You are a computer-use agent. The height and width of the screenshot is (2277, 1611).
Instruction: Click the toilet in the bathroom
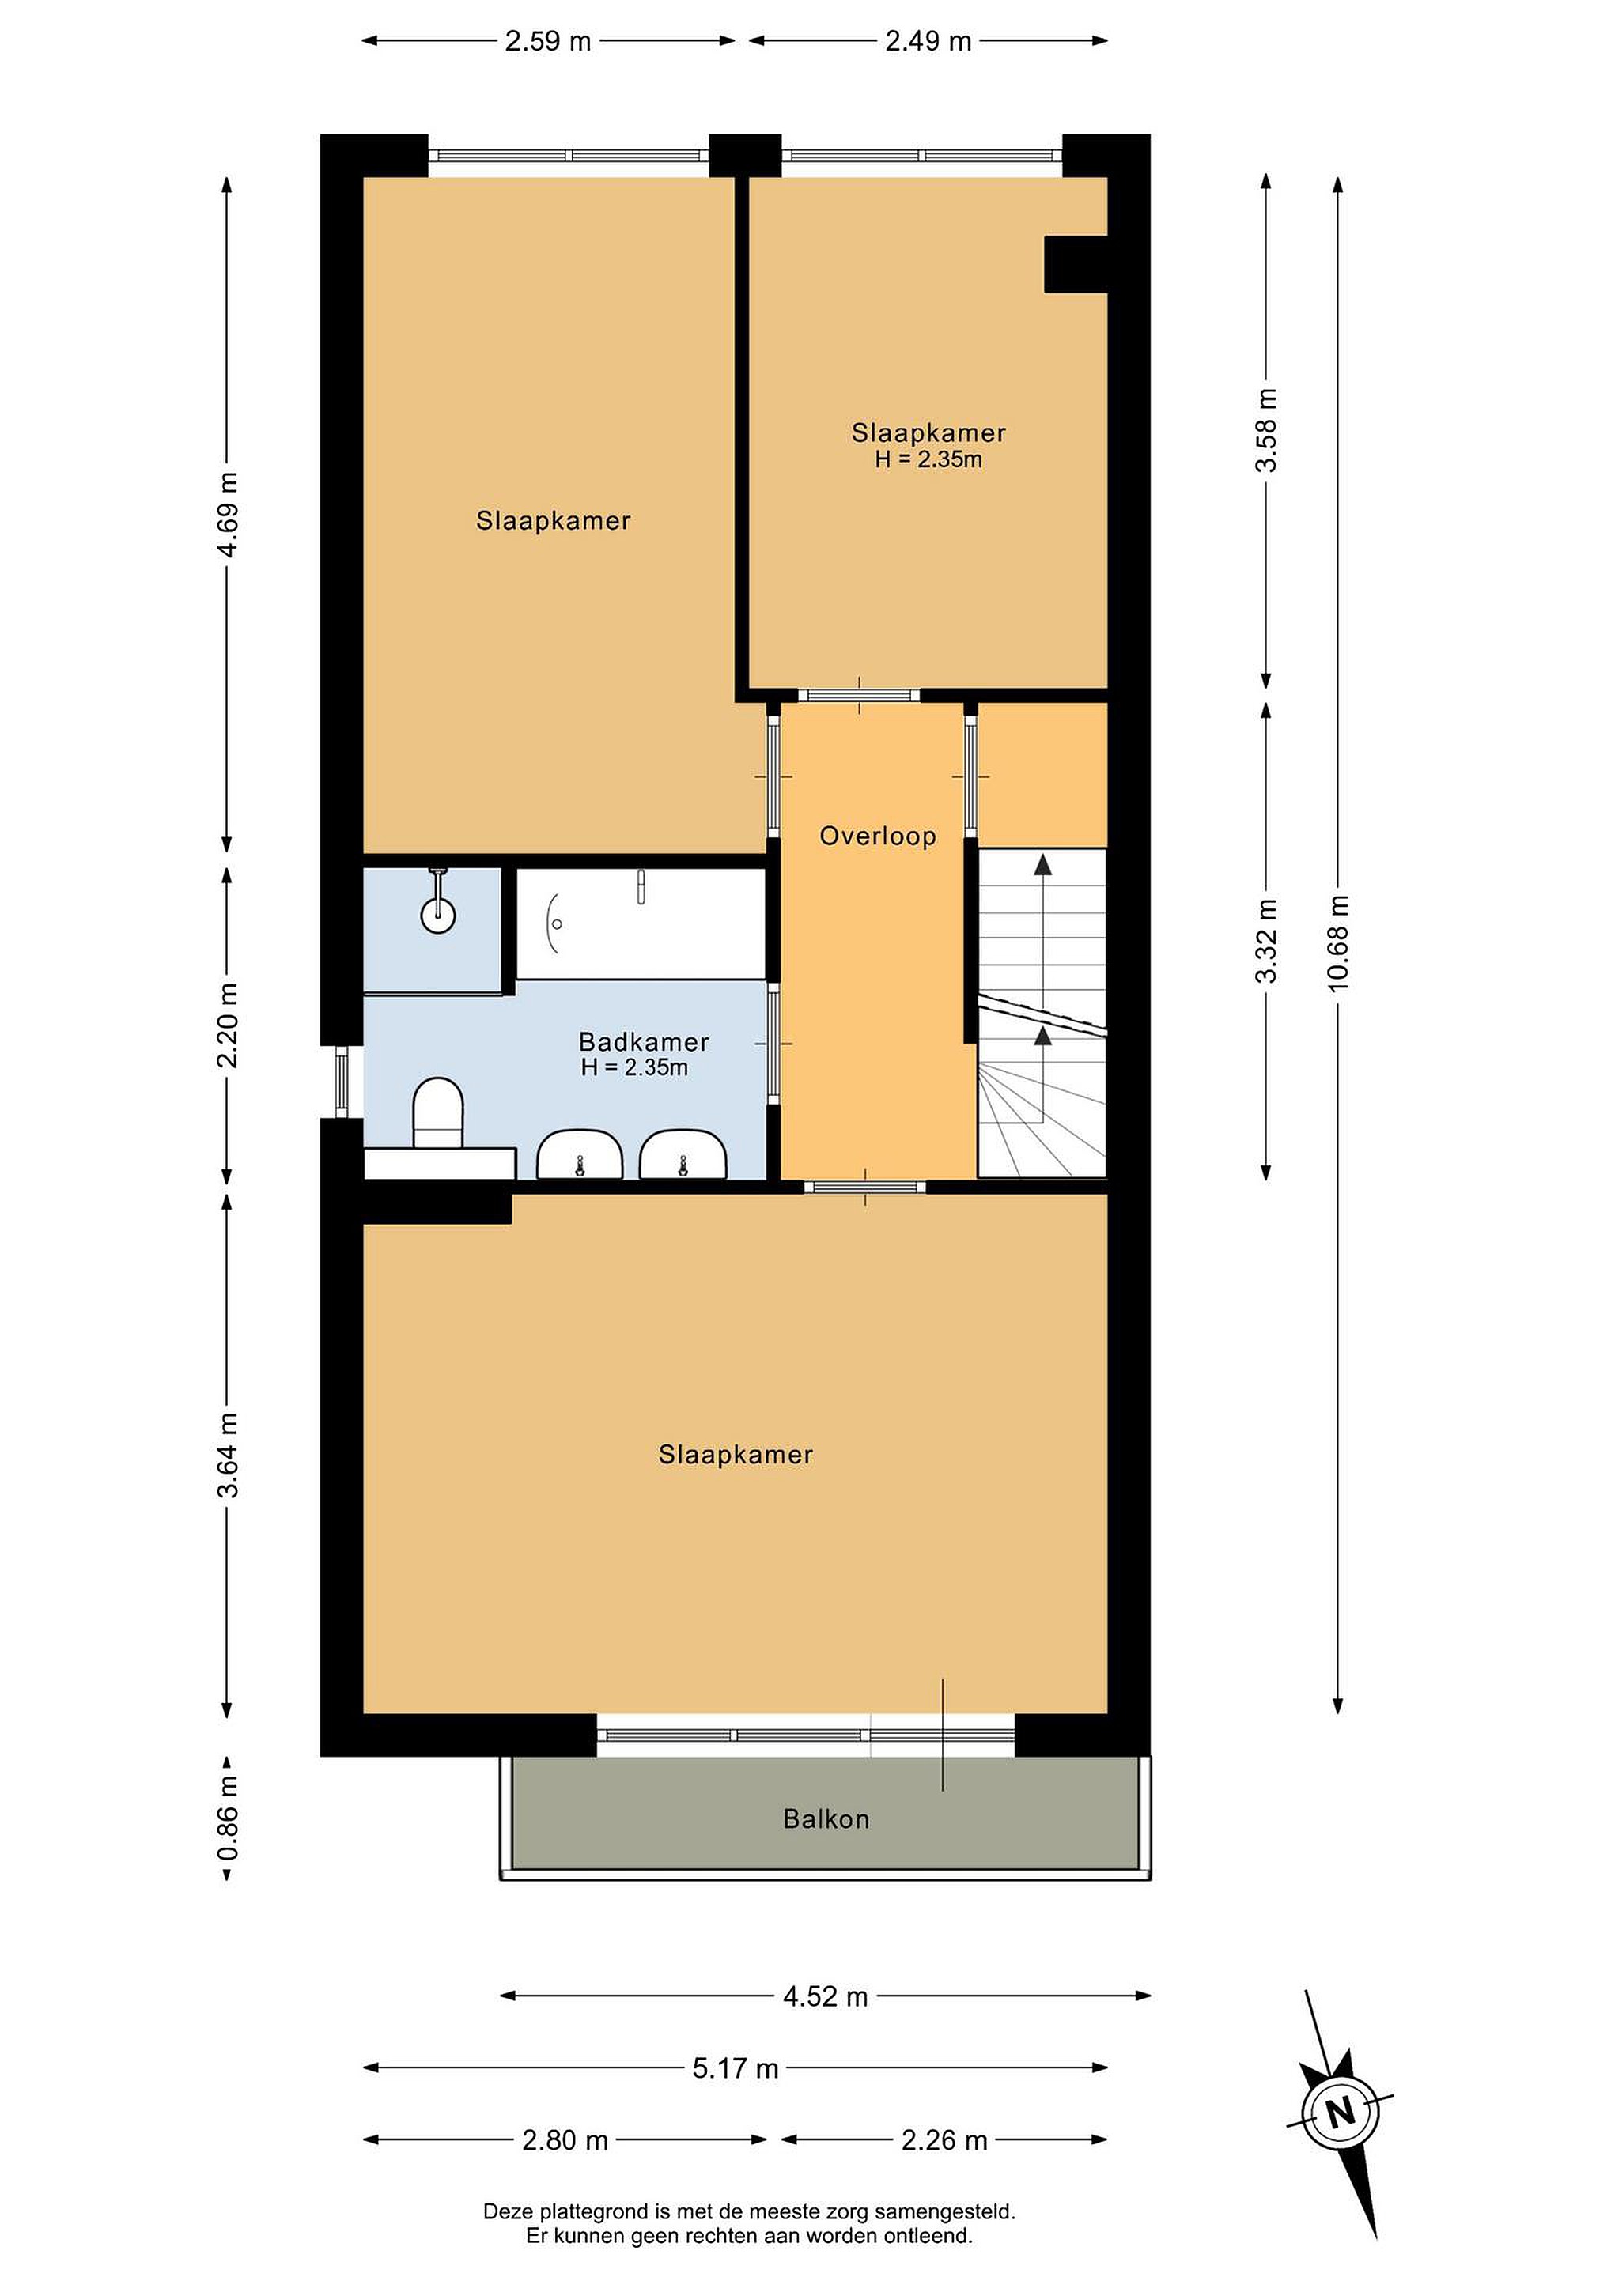click(x=438, y=1112)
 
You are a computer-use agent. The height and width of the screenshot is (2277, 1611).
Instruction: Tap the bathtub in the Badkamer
click(x=641, y=923)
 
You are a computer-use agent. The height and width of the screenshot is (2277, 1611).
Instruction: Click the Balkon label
click(x=826, y=1818)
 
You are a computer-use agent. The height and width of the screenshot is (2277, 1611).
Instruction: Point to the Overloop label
click(x=878, y=836)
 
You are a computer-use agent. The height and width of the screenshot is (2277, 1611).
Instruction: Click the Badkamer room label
click(x=644, y=1041)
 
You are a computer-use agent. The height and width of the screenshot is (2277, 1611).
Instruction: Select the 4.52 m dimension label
click(x=826, y=1996)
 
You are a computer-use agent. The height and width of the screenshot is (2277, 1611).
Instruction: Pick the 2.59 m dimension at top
click(x=547, y=40)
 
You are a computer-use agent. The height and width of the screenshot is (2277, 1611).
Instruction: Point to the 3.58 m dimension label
click(x=1267, y=430)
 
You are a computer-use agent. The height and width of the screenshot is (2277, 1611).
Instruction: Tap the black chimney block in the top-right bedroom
click(x=1076, y=264)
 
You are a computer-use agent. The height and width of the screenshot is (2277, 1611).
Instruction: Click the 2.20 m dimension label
click(x=227, y=1025)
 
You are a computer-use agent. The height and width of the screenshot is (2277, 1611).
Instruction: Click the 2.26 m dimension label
click(x=944, y=2140)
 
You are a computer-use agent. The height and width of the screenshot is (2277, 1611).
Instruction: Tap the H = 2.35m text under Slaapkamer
click(x=928, y=459)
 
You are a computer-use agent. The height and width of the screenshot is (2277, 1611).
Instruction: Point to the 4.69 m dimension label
click(x=227, y=515)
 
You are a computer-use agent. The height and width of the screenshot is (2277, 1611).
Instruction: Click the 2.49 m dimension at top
click(x=928, y=40)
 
